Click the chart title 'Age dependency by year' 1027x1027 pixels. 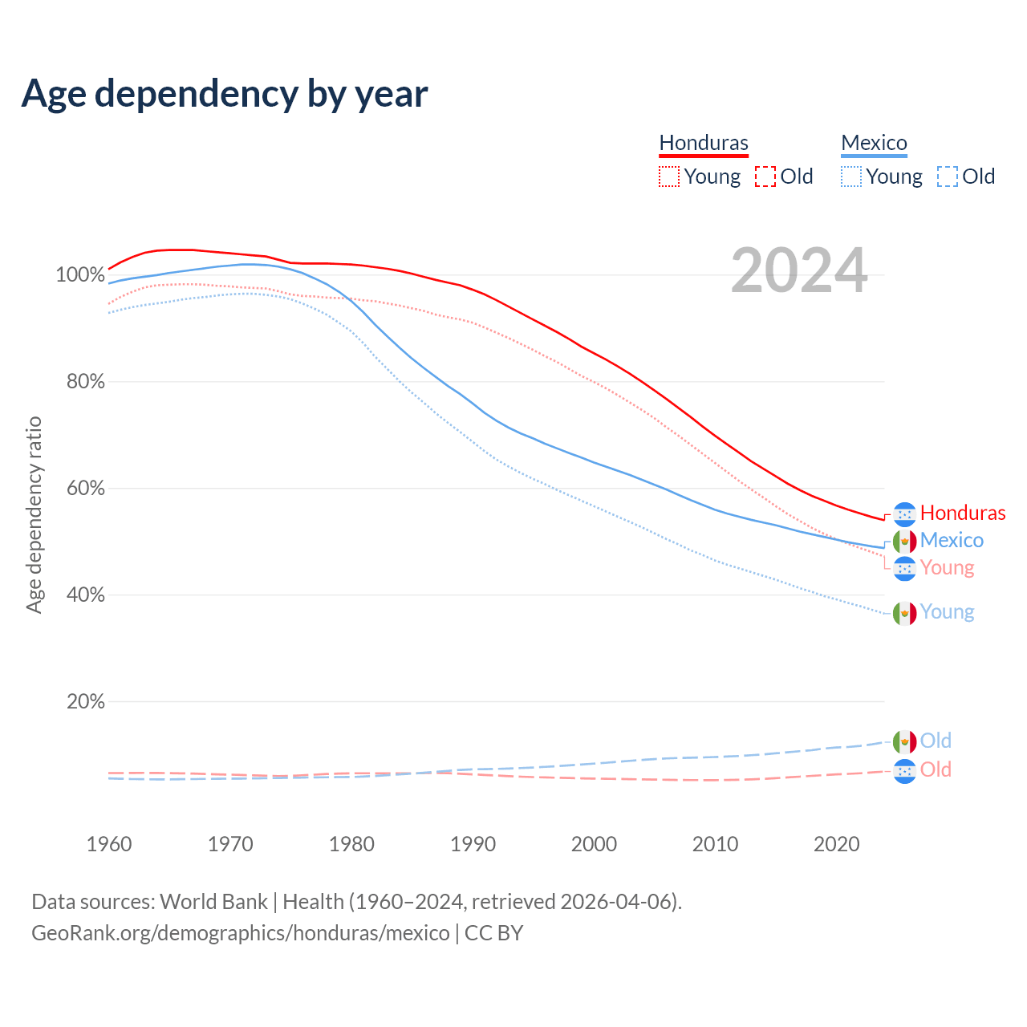(225, 94)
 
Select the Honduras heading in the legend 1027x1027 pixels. (704, 143)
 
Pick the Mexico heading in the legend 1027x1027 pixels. (874, 143)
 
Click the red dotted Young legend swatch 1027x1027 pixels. (669, 177)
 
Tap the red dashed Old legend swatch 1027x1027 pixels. (765, 177)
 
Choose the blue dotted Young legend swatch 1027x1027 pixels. (851, 177)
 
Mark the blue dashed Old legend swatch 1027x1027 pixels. (948, 177)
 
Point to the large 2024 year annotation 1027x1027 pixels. (799, 270)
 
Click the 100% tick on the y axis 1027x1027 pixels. (80, 275)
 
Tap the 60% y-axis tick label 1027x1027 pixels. (85, 489)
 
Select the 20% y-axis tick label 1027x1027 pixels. (85, 702)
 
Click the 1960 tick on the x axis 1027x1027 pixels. (109, 844)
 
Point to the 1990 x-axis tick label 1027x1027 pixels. (473, 844)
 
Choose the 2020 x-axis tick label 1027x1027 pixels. (837, 844)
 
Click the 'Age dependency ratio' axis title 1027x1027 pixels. (34, 514)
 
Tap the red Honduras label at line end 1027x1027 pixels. (963, 513)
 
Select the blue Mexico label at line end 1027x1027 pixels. (952, 540)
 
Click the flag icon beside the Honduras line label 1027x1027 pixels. (905, 513)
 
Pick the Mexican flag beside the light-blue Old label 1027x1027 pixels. (905, 741)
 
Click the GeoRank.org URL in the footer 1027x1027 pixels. (241, 933)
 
